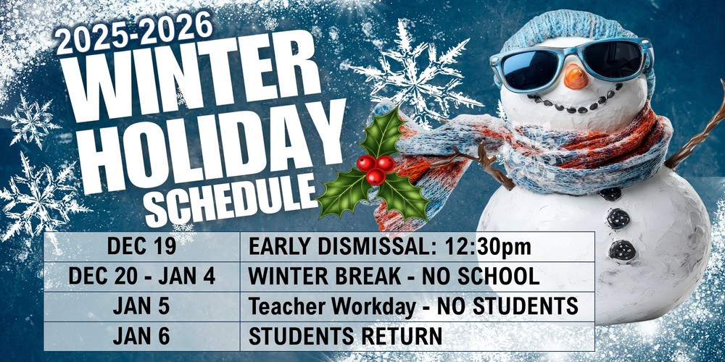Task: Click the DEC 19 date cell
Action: (x=141, y=247)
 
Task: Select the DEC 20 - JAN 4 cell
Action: (x=141, y=277)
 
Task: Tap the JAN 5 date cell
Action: (x=141, y=306)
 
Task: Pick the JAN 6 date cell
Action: (x=141, y=336)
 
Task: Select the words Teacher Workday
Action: (x=331, y=306)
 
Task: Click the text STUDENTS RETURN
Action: (x=345, y=336)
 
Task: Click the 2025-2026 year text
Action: (x=135, y=33)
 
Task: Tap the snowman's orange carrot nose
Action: (x=576, y=77)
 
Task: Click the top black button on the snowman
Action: (x=610, y=193)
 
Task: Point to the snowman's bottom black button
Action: (x=622, y=251)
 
